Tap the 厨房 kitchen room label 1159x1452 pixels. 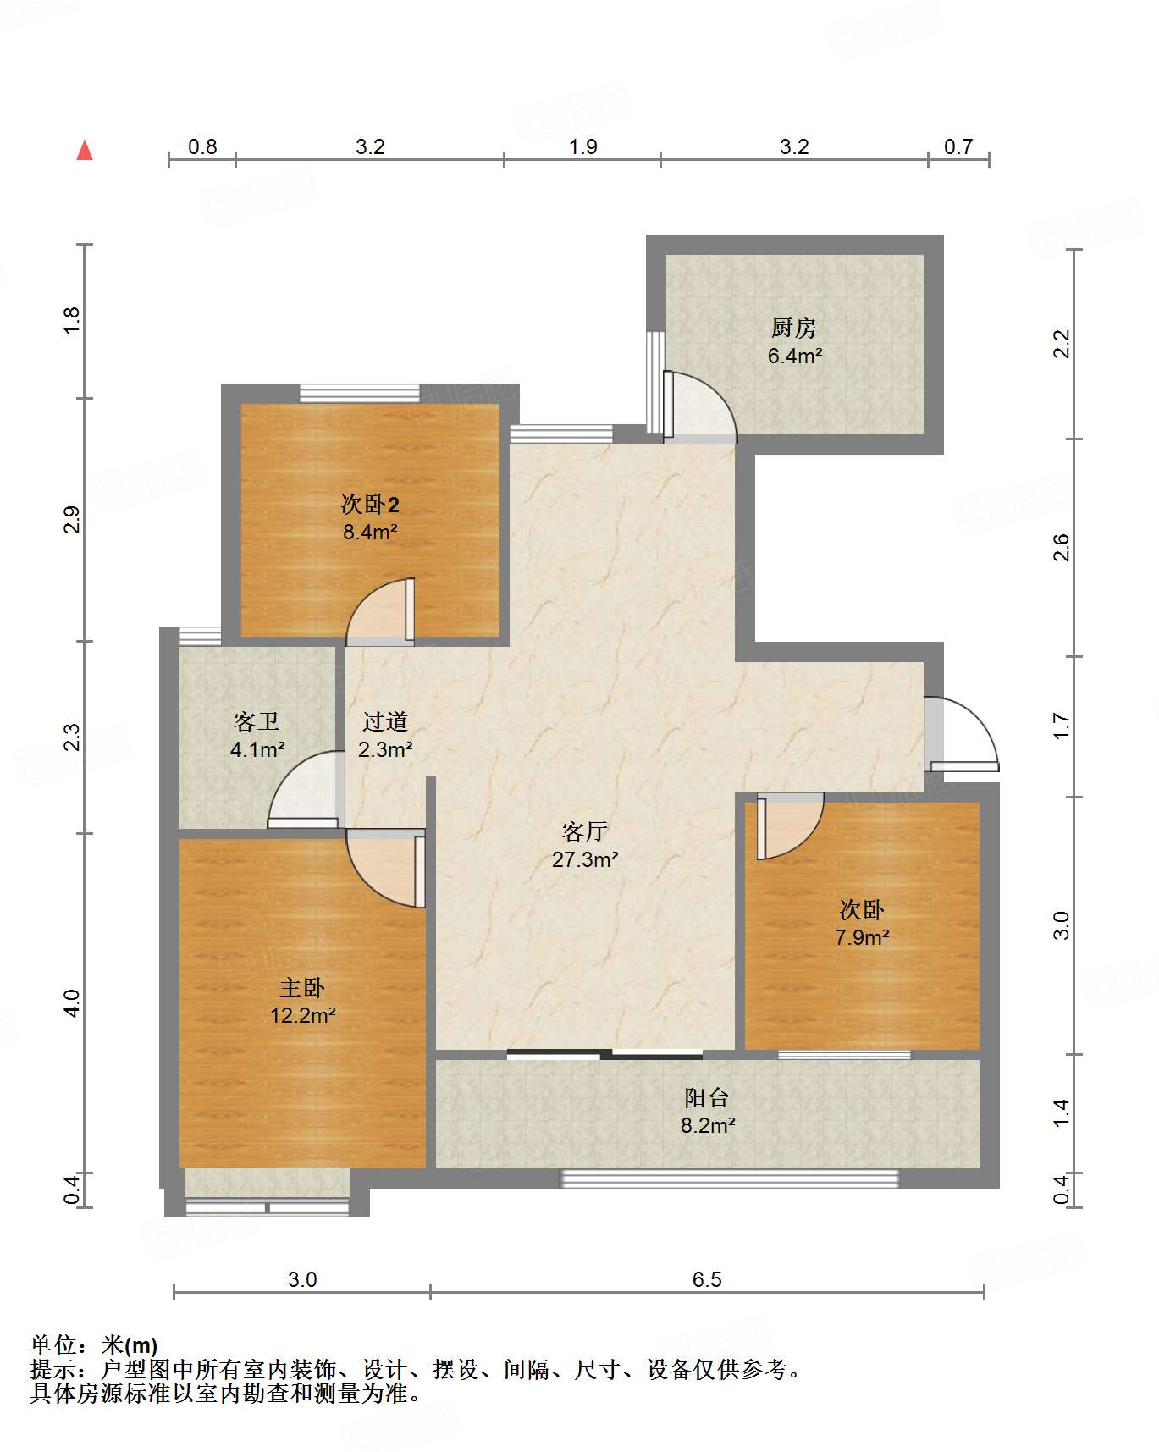[x=793, y=328]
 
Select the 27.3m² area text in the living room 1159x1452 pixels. [x=585, y=860]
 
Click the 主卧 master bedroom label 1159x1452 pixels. [x=302, y=987]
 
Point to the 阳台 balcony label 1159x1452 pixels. [x=707, y=1098]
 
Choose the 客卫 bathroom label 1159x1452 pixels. [x=257, y=721]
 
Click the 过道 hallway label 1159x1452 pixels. [x=385, y=721]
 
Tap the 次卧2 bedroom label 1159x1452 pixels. [x=370, y=505]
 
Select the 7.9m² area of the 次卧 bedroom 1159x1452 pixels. [x=862, y=938]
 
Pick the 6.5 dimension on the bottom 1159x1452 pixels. [x=707, y=1279]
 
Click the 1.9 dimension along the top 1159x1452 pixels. [x=582, y=147]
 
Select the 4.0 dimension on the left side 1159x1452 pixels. [x=72, y=1003]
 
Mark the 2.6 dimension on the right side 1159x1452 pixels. [x=1061, y=548]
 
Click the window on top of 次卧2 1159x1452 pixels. [x=360, y=393]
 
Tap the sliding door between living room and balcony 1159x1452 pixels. [x=604, y=1055]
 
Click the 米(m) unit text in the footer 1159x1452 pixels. [x=130, y=1345]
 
